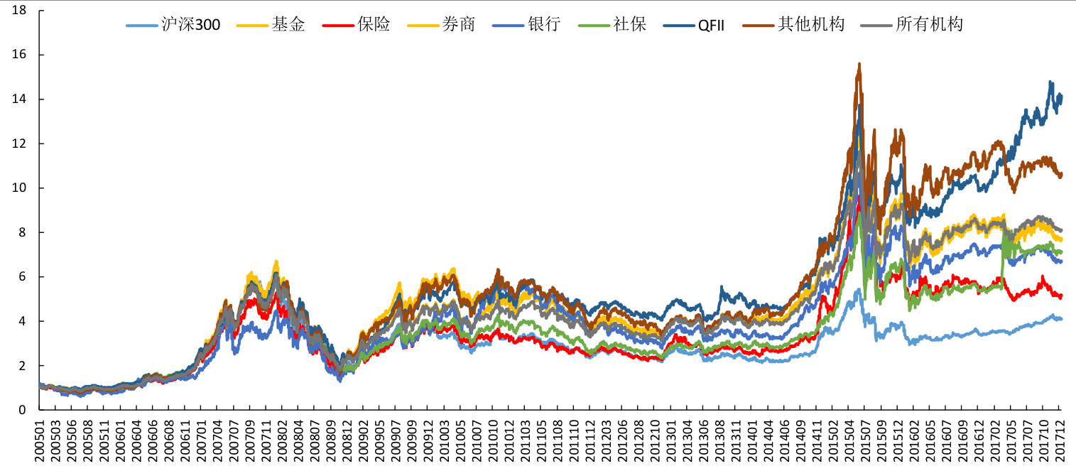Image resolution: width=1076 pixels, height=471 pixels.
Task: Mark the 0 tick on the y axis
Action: (x=23, y=410)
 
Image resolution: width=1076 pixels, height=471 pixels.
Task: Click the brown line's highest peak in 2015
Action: (x=859, y=63)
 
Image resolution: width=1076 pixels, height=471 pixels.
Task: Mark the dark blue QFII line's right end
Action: (x=1061, y=95)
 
